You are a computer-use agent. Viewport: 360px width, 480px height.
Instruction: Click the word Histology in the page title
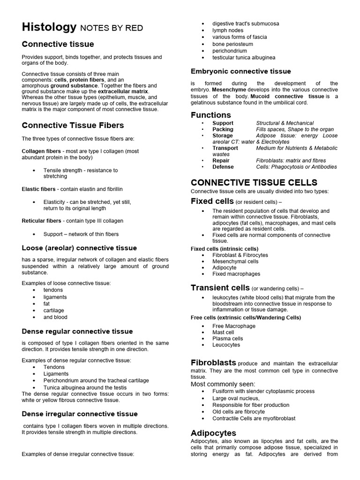49,28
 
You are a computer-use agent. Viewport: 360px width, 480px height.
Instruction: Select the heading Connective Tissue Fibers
73,125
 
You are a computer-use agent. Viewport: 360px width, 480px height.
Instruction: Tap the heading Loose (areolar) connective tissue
79,248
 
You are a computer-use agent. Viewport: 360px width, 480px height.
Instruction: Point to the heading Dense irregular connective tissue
80,414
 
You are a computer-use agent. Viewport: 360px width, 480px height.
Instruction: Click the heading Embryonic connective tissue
240,71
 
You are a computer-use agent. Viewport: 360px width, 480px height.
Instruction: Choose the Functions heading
210,115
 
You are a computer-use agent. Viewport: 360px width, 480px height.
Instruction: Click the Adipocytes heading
213,433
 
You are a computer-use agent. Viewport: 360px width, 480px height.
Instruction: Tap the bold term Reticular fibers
41,220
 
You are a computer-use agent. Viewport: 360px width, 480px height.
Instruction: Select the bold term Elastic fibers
38,189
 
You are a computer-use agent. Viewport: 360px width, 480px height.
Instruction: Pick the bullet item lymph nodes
227,30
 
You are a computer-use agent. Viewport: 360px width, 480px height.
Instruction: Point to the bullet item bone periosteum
232,44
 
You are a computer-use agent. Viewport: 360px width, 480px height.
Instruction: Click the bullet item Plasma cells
227,338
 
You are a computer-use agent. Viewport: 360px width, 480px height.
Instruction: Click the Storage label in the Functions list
222,135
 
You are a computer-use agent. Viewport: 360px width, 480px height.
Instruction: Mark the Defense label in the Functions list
223,166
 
